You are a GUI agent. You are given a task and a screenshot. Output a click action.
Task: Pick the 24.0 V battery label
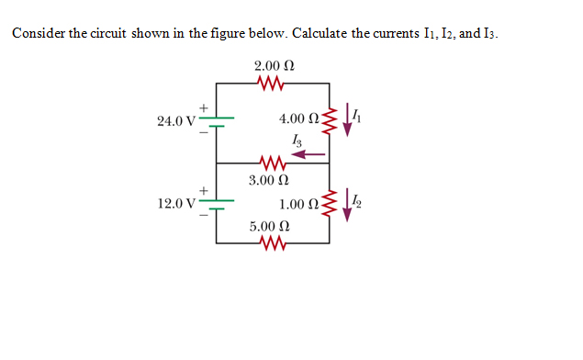pos(175,121)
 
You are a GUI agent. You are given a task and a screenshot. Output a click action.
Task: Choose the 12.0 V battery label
pos(175,203)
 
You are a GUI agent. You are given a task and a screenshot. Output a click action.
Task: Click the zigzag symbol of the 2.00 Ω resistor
pos(274,84)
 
